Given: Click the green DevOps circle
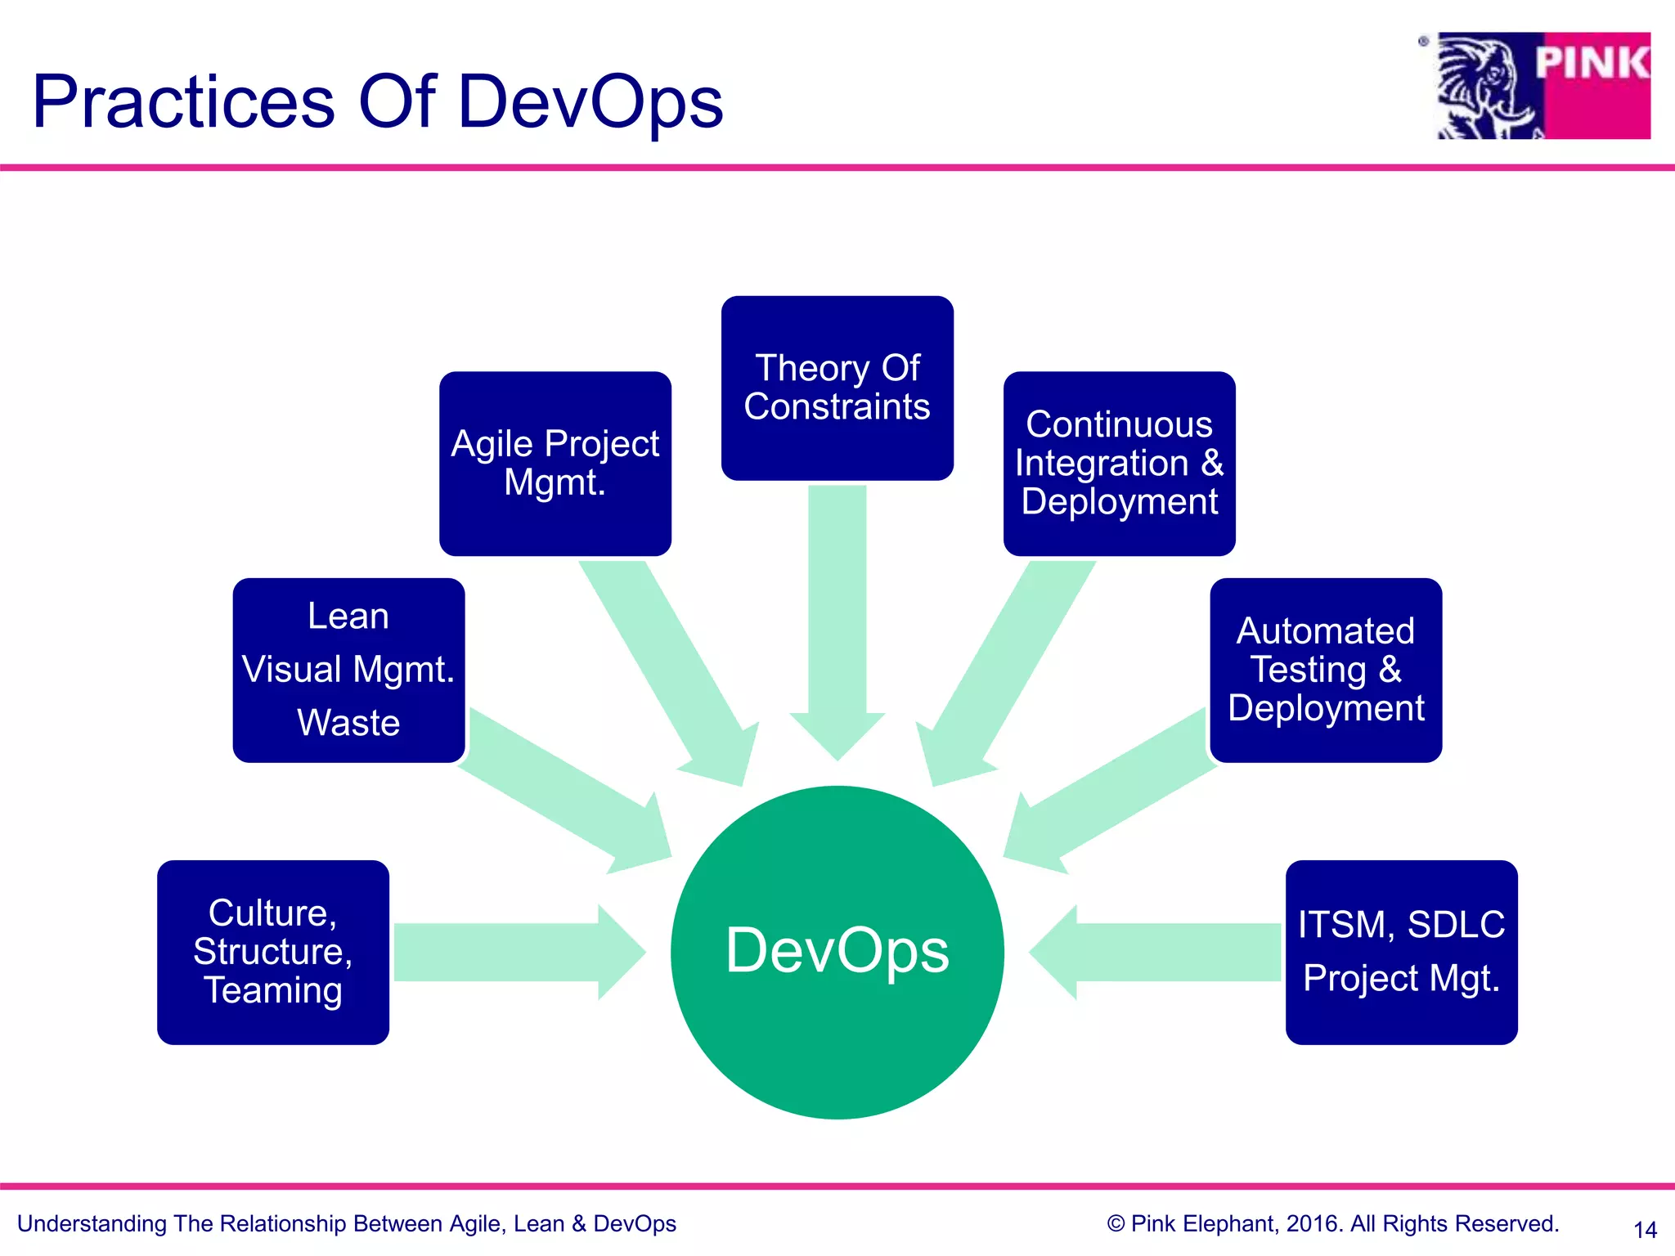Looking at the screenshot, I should coord(837,952).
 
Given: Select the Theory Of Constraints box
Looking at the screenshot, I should coord(837,388).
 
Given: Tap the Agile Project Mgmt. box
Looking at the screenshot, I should coord(555,464).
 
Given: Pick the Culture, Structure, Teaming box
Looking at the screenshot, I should coord(272,952).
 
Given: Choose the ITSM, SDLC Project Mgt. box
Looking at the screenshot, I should coord(1401,952).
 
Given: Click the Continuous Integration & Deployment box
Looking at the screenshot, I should coord(1119,464).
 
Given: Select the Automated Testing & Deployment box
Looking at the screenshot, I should coord(1325,670).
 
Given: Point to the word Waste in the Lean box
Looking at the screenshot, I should coord(348,723).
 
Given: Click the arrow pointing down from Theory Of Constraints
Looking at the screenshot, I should coord(837,621).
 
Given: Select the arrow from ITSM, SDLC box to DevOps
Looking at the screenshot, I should coord(1161,952).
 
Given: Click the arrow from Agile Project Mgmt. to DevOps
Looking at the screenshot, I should coord(671,671).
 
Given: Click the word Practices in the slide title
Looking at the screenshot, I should coord(183,102).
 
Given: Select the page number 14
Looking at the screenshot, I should coord(1645,1229).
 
